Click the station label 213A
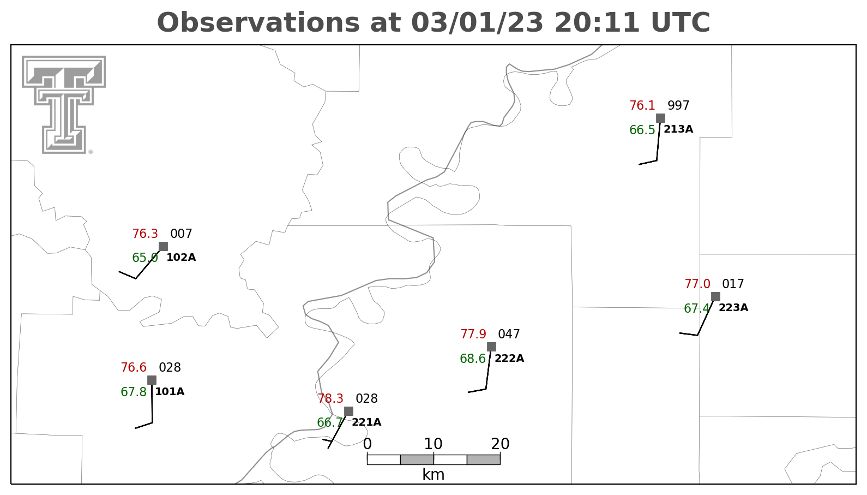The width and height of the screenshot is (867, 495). point(678,129)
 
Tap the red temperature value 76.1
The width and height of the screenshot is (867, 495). point(642,106)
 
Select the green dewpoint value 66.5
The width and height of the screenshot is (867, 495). point(642,130)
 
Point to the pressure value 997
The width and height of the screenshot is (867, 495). point(678,105)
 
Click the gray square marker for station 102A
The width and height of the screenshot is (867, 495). point(164,246)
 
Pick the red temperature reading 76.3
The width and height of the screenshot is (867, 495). point(145,234)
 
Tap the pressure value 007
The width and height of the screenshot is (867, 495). point(181,234)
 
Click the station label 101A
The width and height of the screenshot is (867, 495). point(170,392)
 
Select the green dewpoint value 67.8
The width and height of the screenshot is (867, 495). point(134,392)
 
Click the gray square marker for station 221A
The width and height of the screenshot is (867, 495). point(349,411)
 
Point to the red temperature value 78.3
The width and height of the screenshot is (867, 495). point(330,398)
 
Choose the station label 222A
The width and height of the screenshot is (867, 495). point(509,358)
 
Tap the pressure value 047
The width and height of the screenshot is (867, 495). point(509,334)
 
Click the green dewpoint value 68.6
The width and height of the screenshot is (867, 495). point(473,359)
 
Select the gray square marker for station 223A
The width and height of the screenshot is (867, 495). point(715,297)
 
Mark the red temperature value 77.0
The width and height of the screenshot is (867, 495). point(697,284)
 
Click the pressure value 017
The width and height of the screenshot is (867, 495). point(733,284)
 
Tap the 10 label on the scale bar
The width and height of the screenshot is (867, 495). point(433,444)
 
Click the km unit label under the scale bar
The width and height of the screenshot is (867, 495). point(433,474)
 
